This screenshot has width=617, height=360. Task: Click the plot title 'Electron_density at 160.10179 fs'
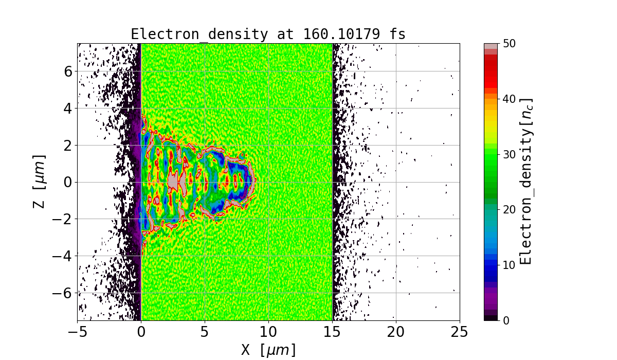tap(268, 34)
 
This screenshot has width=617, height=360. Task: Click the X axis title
tap(268, 350)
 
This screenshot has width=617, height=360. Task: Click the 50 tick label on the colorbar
tap(509, 44)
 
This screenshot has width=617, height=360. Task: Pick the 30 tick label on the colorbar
tap(509, 154)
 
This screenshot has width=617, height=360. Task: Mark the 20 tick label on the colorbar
tap(509, 209)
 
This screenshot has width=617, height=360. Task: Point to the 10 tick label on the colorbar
tap(509, 265)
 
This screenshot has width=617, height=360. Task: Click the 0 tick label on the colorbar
tap(506, 320)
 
